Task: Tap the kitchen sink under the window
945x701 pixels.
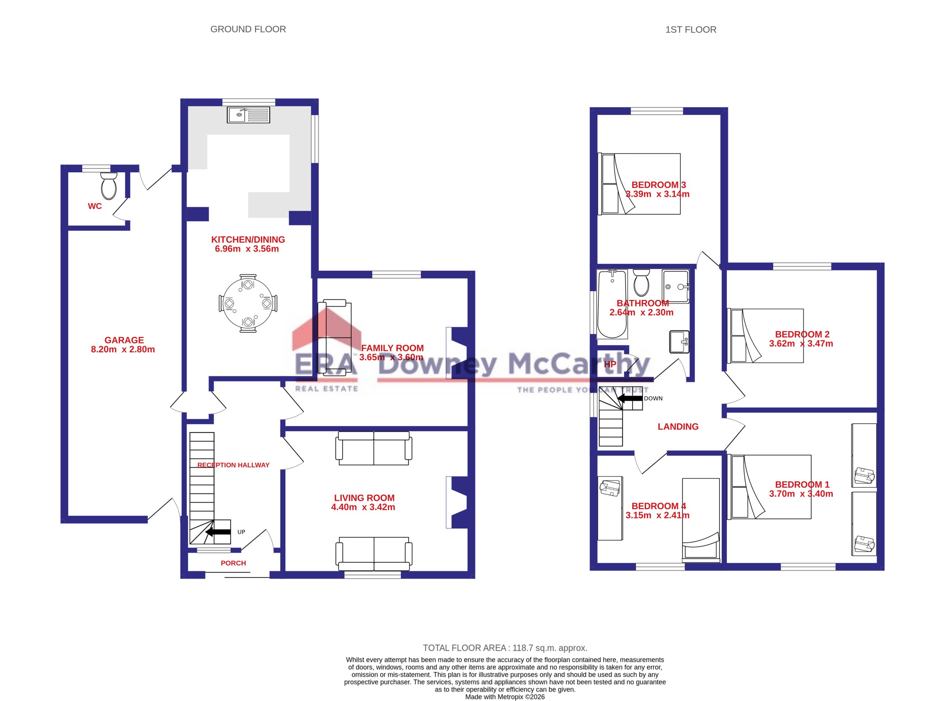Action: pos(248,115)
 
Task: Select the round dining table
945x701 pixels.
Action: pos(248,303)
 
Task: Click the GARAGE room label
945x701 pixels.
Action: pos(124,340)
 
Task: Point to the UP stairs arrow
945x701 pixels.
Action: pos(218,532)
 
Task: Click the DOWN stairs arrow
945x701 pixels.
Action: pos(630,398)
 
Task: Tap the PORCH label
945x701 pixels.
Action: pos(233,563)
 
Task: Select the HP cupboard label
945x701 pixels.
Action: pos(610,365)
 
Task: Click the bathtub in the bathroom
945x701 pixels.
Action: pos(612,304)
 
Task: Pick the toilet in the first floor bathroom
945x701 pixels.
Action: pos(641,283)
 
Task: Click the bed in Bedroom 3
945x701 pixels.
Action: pos(639,184)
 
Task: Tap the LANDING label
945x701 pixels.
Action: pos(678,427)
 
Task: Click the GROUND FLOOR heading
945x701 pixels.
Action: pos(248,29)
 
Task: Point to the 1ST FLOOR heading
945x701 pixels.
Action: pos(691,30)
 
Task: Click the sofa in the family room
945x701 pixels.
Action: pos(335,338)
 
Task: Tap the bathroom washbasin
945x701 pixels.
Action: pos(679,342)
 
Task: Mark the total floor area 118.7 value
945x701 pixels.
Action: pos(525,648)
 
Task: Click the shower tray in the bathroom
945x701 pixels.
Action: pos(676,286)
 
